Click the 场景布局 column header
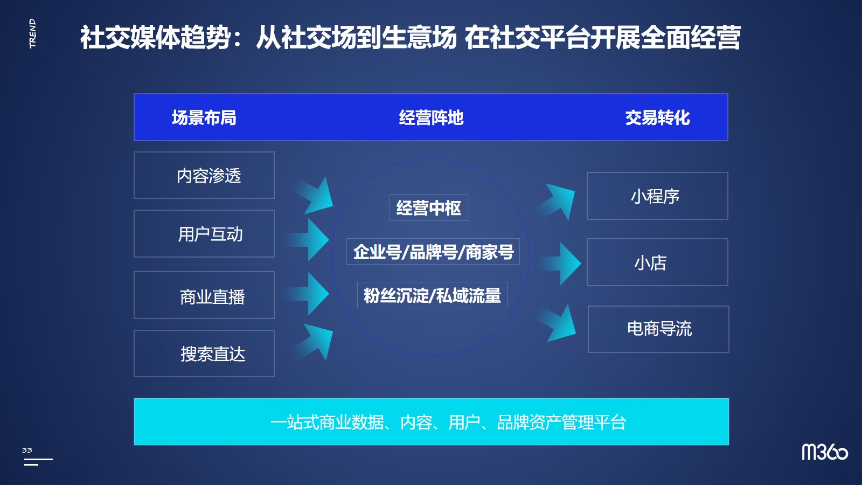point(204,118)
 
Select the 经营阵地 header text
point(431,118)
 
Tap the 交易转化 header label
point(657,118)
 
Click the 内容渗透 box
point(204,175)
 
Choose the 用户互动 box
point(204,234)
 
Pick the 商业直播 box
point(204,295)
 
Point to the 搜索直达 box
point(204,354)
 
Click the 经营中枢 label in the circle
point(429,208)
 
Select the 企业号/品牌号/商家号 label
point(433,252)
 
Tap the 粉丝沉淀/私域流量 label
point(432,295)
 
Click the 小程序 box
point(657,196)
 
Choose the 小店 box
point(657,262)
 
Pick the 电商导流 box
point(658,329)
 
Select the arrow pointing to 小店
point(560,264)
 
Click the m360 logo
point(825,452)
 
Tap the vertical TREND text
point(32,33)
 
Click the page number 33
point(27,450)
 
